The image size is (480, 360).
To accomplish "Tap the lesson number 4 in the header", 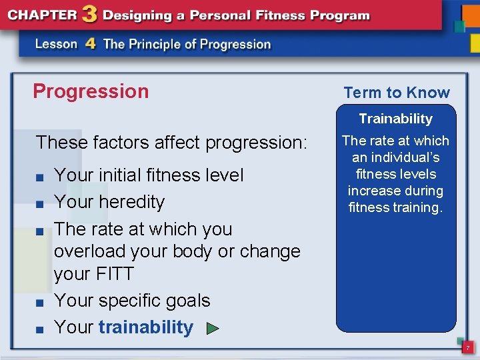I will pos(91,44).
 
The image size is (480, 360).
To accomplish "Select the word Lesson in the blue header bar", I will pos(57,45).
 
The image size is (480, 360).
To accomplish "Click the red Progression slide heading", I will pos(91,91).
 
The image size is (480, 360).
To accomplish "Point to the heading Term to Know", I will pos(397,93).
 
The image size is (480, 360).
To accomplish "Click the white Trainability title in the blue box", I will pos(395,119).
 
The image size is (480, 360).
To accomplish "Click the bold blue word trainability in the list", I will pos(145,327).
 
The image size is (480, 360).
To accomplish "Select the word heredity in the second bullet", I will pos(131,202).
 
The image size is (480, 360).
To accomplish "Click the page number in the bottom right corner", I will pos(467,348).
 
